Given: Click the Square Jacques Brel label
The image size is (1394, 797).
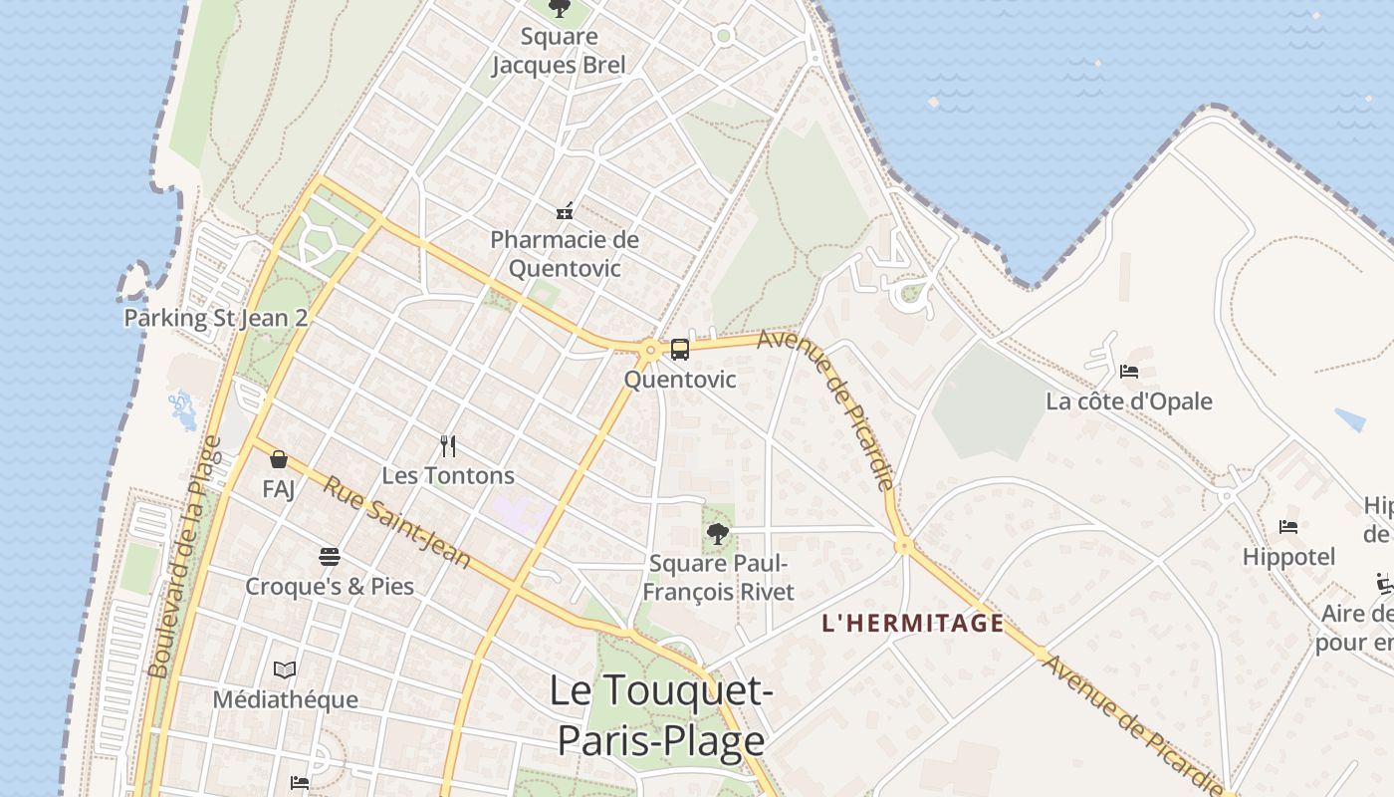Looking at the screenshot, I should [x=559, y=52].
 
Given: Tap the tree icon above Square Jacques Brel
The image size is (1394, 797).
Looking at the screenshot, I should [x=560, y=9].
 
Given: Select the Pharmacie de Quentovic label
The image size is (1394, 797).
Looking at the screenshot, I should [x=565, y=254].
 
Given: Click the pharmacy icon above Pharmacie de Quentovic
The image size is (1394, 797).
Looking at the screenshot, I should [x=565, y=211].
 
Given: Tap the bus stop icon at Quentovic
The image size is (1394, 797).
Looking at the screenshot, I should [x=680, y=350].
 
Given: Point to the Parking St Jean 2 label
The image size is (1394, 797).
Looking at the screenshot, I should [x=215, y=318].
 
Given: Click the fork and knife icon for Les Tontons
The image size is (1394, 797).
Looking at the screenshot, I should [x=448, y=446].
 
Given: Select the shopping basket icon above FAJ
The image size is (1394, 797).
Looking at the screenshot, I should [x=279, y=459].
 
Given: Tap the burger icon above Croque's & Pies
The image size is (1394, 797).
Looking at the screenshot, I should [x=330, y=556].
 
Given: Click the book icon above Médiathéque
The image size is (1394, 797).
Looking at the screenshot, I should [x=285, y=669].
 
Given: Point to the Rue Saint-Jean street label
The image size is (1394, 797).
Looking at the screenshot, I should [x=397, y=521].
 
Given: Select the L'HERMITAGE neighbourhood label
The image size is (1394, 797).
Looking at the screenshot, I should [x=912, y=624].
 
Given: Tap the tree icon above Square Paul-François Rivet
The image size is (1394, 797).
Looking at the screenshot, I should [x=717, y=533].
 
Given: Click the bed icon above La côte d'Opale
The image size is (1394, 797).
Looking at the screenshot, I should [x=1128, y=372].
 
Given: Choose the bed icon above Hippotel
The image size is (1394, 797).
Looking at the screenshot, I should [x=1288, y=527].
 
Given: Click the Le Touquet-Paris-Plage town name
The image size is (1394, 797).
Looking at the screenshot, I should [x=660, y=715].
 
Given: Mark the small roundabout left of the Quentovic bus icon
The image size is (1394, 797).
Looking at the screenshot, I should [x=650, y=350].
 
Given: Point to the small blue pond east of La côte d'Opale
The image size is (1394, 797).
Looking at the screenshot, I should [x=1349, y=419].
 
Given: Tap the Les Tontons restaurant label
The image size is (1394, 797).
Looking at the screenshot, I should [x=448, y=475].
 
